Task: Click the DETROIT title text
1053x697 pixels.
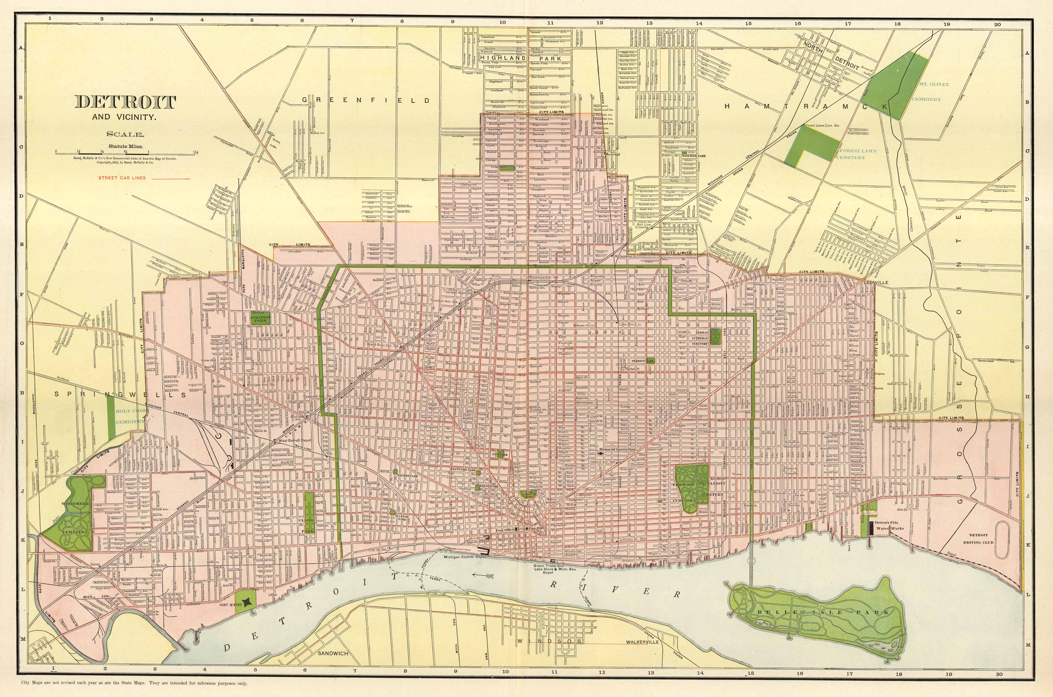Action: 125,102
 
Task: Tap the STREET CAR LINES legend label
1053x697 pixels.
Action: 122,178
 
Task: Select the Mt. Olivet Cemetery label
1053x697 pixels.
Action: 926,91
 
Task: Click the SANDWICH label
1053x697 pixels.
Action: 333,653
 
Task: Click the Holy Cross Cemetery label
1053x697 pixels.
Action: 130,416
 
